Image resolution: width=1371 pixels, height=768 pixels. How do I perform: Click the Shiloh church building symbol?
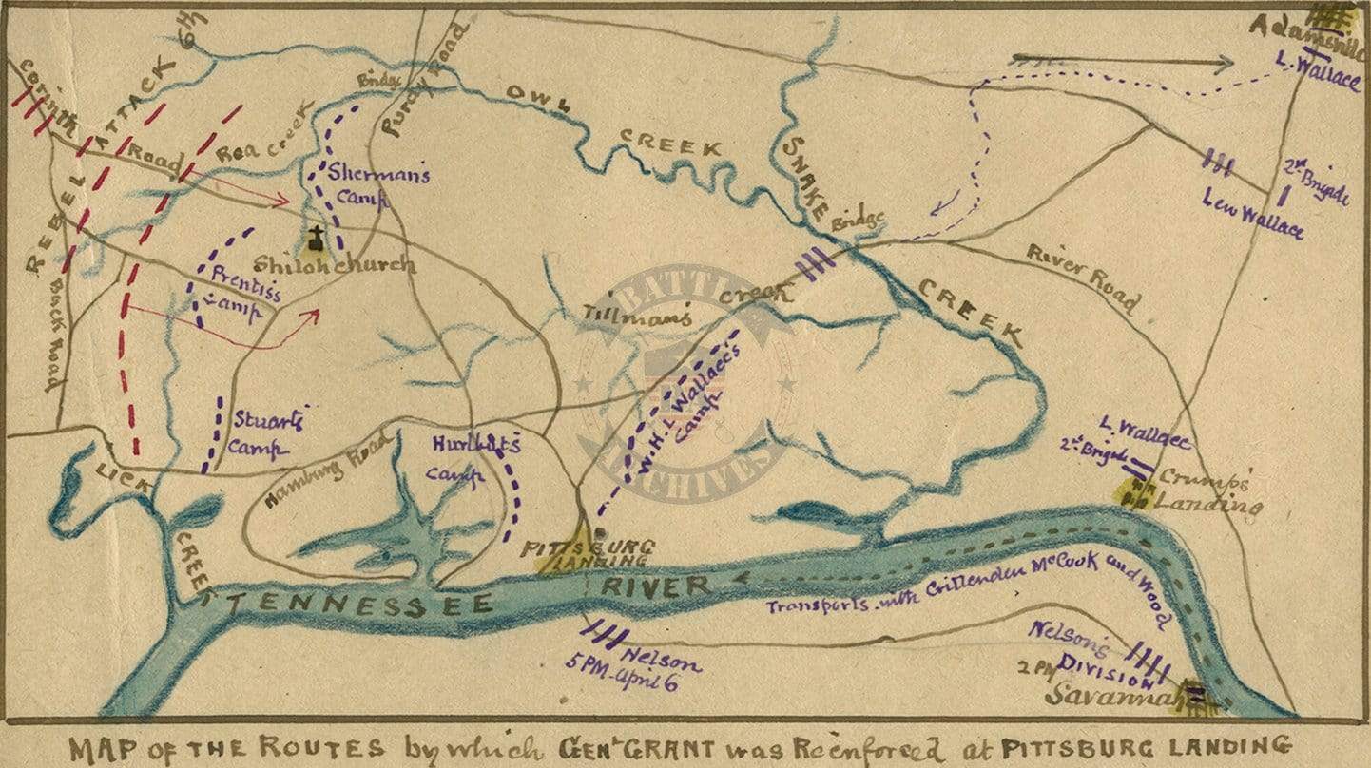click(x=312, y=240)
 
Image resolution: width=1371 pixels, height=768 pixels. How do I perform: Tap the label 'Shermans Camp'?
click(x=366, y=185)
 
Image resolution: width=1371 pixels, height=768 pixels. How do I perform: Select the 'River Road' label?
click(x=1081, y=277)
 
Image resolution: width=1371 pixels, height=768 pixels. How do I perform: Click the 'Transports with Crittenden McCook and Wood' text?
click(x=960, y=585)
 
